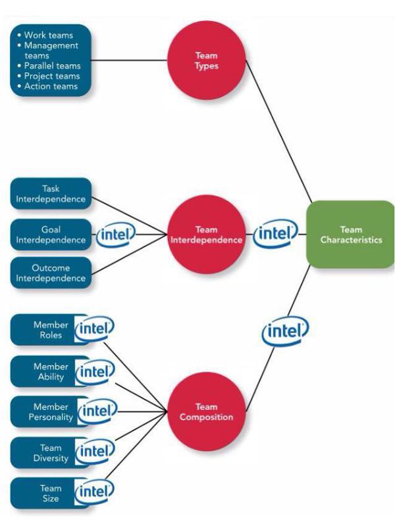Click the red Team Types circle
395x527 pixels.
coord(207,60)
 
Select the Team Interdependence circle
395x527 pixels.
coord(207,235)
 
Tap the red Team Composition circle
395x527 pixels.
coord(207,412)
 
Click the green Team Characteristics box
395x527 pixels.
coord(350,235)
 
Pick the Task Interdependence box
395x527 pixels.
coord(51,194)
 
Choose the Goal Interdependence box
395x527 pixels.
coord(51,235)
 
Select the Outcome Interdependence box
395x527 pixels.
coord(51,273)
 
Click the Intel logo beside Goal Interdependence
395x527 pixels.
coord(115,235)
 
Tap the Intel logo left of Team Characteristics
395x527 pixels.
coord(275,233)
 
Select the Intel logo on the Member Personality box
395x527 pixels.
coord(97,411)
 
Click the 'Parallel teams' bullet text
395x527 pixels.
coord(52,66)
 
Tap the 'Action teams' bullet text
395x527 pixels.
coord(51,86)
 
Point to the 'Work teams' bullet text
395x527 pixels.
coord(49,35)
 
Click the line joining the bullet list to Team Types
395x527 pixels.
coord(129,60)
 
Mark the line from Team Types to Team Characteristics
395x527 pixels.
coord(279,131)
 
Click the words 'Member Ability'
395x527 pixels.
coord(51,371)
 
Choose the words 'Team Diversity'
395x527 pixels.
coord(51,453)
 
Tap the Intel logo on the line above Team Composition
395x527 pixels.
coord(285,331)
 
